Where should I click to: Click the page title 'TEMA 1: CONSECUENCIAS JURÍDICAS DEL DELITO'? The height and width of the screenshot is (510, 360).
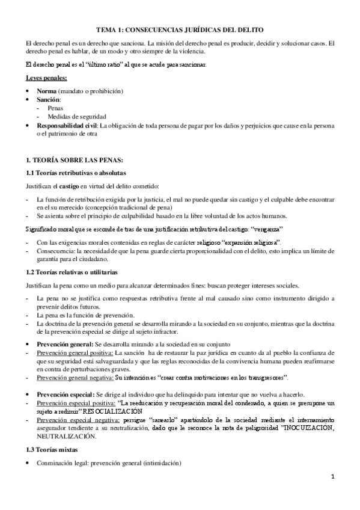(180, 29)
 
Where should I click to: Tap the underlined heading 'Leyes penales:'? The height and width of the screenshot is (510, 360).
(46, 78)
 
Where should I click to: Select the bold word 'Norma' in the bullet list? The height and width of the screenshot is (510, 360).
(47, 91)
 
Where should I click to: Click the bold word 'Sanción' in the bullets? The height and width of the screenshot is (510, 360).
(48, 99)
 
